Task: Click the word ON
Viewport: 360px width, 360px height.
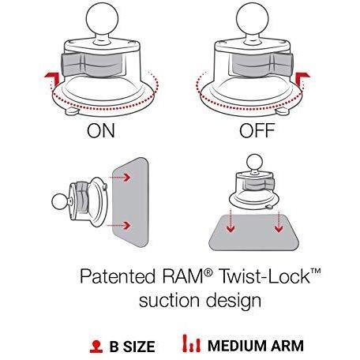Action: click(x=101, y=130)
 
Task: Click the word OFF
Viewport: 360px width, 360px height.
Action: click(x=257, y=130)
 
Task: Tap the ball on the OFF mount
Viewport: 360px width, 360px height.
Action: click(x=253, y=19)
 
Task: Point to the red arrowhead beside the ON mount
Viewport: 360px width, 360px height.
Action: click(x=52, y=78)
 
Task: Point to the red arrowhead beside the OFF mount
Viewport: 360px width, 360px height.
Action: click(x=302, y=78)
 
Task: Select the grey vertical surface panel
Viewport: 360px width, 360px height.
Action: click(x=131, y=203)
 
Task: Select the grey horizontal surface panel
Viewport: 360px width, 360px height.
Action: click(x=254, y=233)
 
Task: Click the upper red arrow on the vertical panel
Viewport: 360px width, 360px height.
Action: click(x=120, y=178)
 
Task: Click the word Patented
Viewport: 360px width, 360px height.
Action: click(x=118, y=276)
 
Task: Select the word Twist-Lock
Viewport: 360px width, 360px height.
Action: click(x=265, y=276)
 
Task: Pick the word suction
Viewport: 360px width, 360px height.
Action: click(x=169, y=301)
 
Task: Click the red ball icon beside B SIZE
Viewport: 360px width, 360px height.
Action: click(x=96, y=347)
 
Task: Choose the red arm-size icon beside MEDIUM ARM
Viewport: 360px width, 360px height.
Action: click(x=192, y=343)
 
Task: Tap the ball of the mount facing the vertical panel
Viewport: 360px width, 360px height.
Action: click(x=60, y=202)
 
